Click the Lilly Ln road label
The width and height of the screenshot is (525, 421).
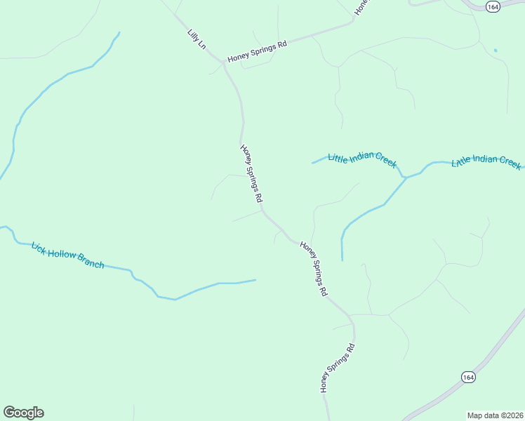[197, 39]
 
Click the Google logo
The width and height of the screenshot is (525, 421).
[23, 413]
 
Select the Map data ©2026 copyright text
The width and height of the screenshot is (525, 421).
[495, 415]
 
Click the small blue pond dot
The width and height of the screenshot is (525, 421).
[495, 51]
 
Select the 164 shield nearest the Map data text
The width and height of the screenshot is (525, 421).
[468, 377]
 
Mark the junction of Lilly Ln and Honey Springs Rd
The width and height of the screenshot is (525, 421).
[225, 62]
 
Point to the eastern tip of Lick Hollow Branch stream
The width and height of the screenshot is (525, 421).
[255, 280]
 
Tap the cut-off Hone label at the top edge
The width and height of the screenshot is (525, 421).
[361, 7]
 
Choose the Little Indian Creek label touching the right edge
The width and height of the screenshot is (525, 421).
[486, 161]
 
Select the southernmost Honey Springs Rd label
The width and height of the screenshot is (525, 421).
[338, 368]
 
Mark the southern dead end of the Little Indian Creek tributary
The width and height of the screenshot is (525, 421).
[342, 260]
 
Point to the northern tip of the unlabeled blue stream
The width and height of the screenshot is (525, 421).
[119, 32]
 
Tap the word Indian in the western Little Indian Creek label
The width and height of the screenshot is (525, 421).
[364, 158]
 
